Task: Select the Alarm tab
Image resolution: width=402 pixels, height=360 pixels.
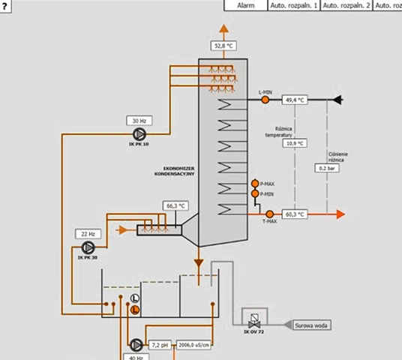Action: pos(246,5)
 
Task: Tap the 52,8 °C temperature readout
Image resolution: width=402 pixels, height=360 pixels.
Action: pos(224,46)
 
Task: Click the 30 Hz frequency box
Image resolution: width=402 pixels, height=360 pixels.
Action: pos(139,120)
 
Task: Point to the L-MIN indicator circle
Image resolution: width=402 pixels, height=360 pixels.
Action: pos(265,99)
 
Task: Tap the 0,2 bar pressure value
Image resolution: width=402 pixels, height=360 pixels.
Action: pos(328,168)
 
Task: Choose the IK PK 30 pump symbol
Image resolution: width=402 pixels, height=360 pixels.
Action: pos(88,247)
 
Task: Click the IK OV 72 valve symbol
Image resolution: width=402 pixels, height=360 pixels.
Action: pos(255,318)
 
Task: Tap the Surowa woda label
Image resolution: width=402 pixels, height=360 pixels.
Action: pos(310,325)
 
